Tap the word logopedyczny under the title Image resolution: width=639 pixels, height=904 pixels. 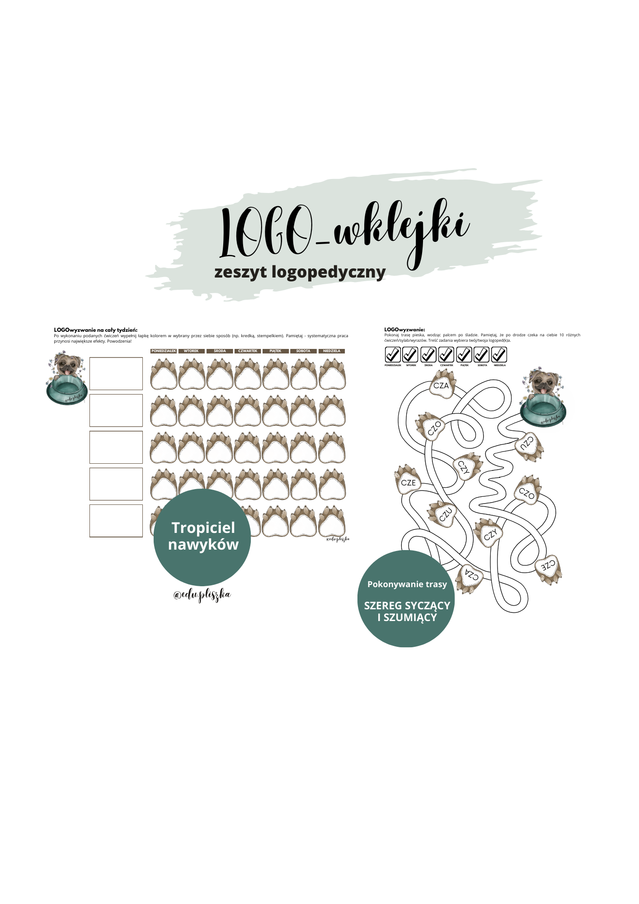click(x=329, y=272)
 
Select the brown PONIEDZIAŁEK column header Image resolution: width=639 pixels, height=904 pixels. click(x=164, y=351)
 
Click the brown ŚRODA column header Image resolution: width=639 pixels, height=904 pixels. click(x=220, y=351)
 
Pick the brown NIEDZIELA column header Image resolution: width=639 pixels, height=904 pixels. click(x=332, y=351)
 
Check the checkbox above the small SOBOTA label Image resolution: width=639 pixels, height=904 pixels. click(x=482, y=355)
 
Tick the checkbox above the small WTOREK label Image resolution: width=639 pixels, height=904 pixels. click(x=410, y=355)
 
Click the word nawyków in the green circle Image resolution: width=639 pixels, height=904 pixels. click(x=203, y=545)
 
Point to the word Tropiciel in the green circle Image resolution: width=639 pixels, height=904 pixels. click(x=203, y=527)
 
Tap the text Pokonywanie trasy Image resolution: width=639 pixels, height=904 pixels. click(x=407, y=584)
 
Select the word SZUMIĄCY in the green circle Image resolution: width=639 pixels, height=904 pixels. click(x=410, y=617)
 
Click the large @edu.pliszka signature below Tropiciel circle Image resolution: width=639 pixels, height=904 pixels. click(x=202, y=595)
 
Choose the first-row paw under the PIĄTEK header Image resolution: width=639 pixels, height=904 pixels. click(x=276, y=375)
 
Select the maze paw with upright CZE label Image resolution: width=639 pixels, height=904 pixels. click(x=408, y=481)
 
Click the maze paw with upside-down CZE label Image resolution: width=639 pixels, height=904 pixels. click(x=549, y=567)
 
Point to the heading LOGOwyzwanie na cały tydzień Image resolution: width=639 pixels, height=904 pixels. click(x=95, y=330)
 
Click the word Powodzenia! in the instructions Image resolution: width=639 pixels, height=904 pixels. click(x=119, y=341)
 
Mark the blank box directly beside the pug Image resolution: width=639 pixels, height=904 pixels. click(x=116, y=374)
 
